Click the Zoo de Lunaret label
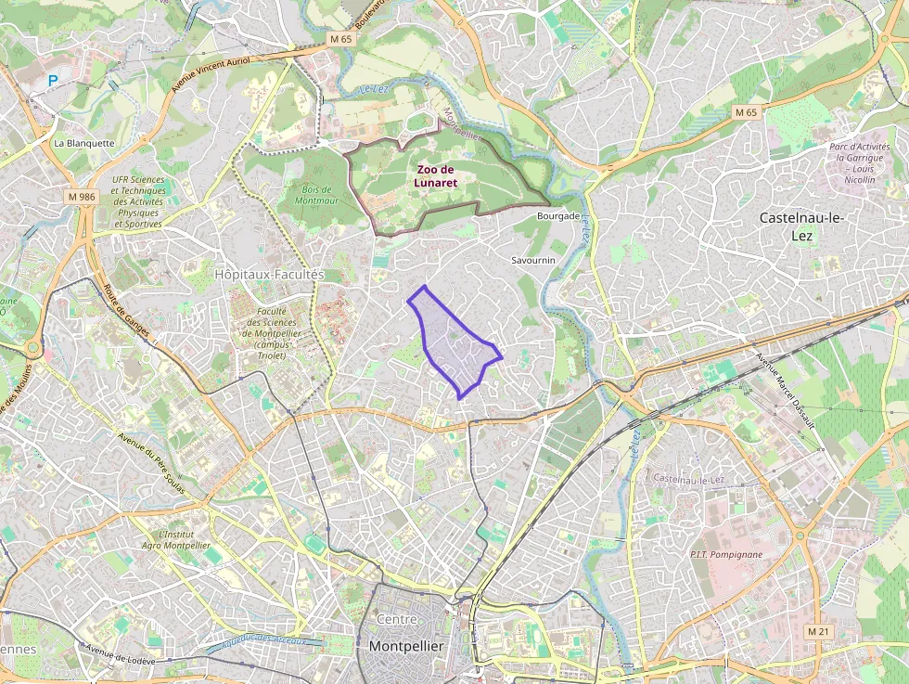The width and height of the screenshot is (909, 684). tap(436, 176)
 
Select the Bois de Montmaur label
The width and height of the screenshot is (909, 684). tap(321, 195)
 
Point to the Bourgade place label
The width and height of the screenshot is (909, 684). tap(558, 215)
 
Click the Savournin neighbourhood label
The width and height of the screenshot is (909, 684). tap(533, 261)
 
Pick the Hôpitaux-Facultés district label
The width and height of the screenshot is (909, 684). tap(269, 275)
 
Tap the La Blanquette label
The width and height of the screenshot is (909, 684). tap(83, 144)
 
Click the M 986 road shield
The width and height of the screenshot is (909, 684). tap(82, 197)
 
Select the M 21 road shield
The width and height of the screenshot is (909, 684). tap(817, 631)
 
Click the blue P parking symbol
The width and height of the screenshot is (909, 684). tap(53, 82)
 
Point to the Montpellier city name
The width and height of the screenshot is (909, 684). tap(406, 646)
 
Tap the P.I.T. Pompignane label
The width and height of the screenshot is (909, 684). tap(726, 554)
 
